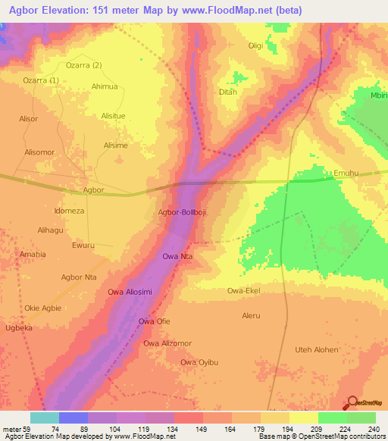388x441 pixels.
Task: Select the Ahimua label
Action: [105, 86]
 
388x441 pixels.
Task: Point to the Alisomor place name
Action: [39, 152]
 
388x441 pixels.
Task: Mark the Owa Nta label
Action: [177, 257]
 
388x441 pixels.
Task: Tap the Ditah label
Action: [227, 92]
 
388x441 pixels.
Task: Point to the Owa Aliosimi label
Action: [130, 292]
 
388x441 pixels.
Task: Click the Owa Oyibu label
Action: [199, 362]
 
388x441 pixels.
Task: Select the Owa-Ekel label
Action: [245, 290]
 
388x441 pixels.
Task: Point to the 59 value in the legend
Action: [23, 430]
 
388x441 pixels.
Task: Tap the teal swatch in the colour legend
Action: [44, 418]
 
